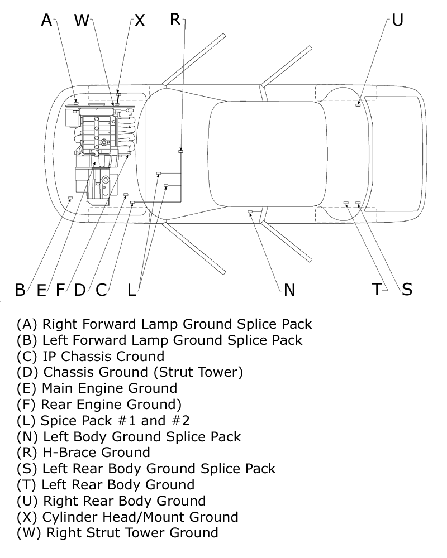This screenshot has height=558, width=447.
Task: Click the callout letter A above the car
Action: [47, 21]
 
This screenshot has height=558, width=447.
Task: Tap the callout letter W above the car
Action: [82, 21]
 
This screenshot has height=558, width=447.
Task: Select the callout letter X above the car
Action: [139, 21]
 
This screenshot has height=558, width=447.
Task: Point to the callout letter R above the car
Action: [175, 20]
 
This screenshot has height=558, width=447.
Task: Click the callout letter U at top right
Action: [397, 20]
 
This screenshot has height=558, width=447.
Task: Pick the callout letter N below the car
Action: [289, 290]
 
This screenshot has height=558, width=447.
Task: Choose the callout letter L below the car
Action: [131, 290]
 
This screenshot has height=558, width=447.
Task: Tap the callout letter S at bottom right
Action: [407, 289]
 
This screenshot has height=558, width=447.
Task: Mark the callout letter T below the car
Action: [377, 289]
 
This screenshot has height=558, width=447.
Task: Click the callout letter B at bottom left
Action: [20, 290]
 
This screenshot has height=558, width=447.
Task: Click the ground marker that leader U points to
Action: [358, 104]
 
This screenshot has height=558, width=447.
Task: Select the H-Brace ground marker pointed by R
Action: [180, 151]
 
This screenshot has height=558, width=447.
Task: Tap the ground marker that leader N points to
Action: [250, 212]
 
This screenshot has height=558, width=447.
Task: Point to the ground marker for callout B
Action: [70, 198]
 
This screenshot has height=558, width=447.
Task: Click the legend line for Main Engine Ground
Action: [97, 388]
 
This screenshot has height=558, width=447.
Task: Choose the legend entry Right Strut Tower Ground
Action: [117, 532]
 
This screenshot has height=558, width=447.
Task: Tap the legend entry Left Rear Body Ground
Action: [106, 484]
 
